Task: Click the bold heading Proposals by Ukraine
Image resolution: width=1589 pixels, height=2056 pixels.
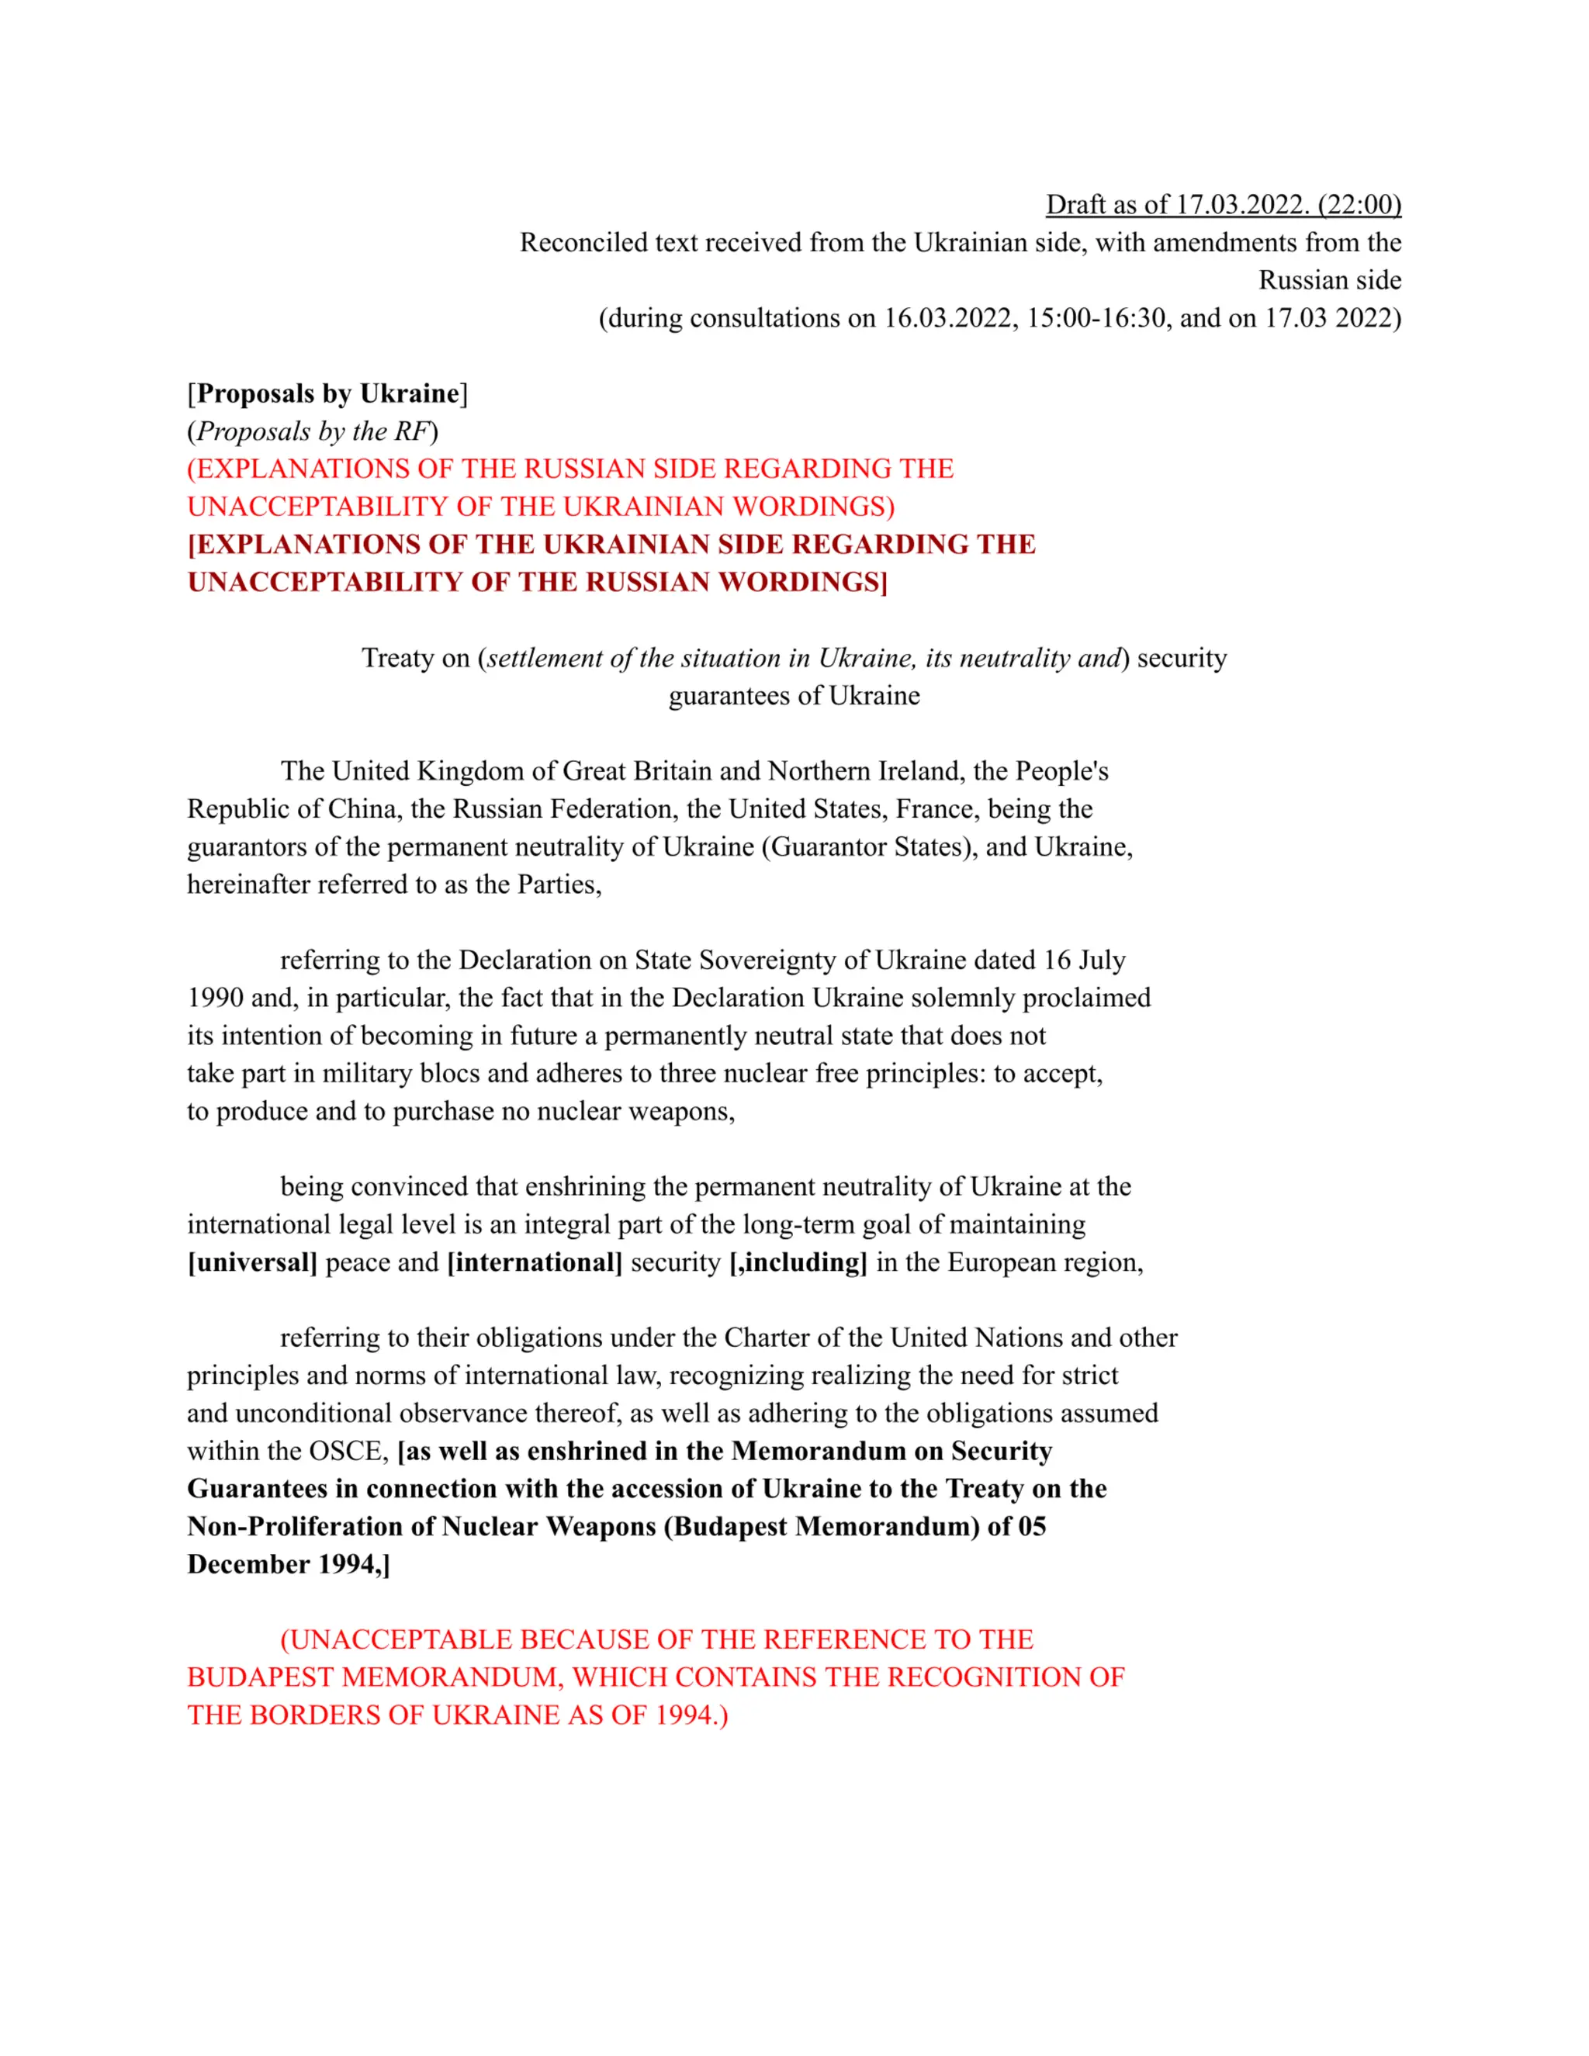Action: click(x=327, y=393)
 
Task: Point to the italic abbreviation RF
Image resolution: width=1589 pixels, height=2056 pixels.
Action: click(x=411, y=431)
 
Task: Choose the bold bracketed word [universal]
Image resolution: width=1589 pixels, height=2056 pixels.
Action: click(x=252, y=1262)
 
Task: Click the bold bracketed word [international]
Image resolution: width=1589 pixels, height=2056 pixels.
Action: click(x=534, y=1262)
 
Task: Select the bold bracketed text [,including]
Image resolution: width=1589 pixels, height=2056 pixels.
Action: click(x=798, y=1262)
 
